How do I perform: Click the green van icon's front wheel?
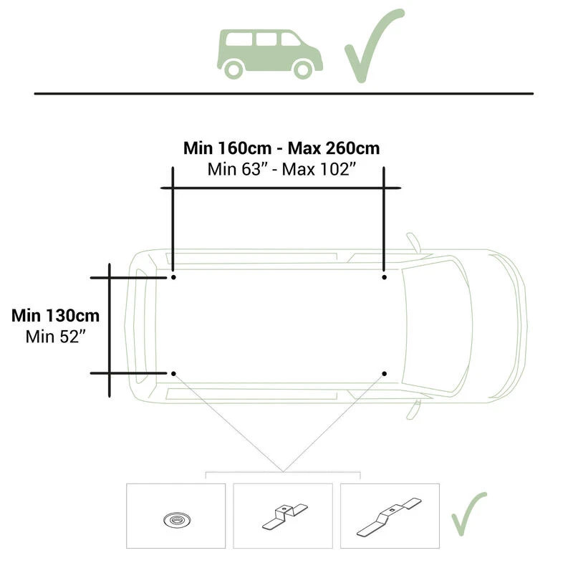click(302, 69)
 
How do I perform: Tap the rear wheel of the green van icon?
click(233, 69)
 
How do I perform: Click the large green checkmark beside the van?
click(374, 46)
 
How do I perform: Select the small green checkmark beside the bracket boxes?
click(469, 514)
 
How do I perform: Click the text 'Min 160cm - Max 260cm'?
click(281, 148)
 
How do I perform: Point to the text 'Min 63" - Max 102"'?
click(281, 169)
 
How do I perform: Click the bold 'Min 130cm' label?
click(56, 316)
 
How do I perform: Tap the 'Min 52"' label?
click(56, 337)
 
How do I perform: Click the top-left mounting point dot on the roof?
click(173, 277)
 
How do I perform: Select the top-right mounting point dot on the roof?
click(384, 277)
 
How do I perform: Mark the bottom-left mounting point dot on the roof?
click(173, 373)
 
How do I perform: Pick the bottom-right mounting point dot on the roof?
click(384, 373)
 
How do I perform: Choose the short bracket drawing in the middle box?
click(285, 516)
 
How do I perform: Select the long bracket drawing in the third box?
click(389, 516)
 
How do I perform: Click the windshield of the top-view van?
click(437, 326)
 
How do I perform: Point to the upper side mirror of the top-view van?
click(413, 242)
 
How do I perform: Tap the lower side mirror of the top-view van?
click(413, 410)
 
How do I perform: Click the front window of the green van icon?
click(290, 39)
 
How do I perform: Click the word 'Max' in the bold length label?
click(304, 148)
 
